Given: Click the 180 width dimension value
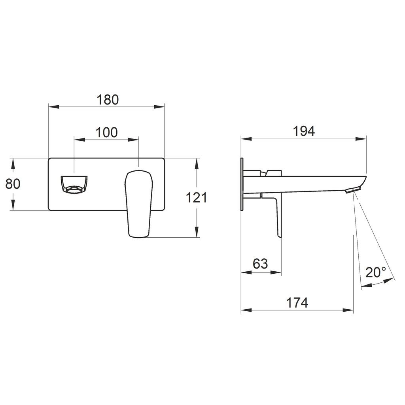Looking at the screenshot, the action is (x=108, y=100).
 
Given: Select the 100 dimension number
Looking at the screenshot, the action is (x=107, y=132).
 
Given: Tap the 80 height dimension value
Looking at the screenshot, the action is (x=13, y=184).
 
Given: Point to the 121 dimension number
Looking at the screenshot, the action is (x=196, y=198).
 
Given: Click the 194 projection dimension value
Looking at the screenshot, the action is (x=304, y=131).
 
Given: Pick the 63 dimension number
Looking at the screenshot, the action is (x=260, y=264).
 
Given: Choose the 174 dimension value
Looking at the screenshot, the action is (x=297, y=303).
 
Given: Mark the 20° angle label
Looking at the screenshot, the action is (x=376, y=272).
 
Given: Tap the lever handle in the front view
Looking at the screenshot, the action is (x=139, y=203).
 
